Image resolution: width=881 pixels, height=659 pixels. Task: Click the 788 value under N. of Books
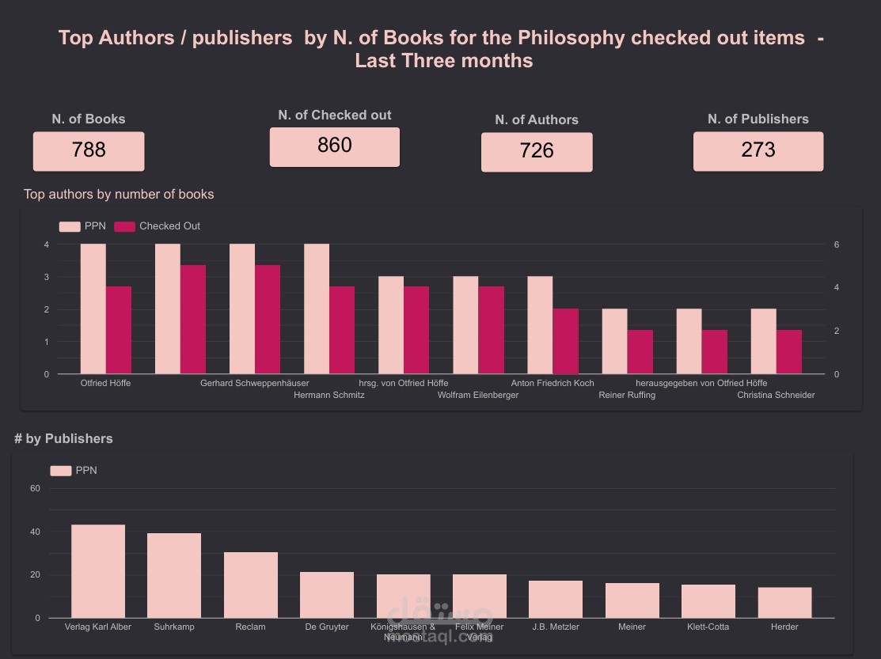[x=89, y=150]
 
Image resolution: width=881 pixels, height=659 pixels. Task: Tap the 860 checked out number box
[x=334, y=146]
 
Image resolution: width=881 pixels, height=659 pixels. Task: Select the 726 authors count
[x=537, y=151]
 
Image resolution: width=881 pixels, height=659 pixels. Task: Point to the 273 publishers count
[x=758, y=150]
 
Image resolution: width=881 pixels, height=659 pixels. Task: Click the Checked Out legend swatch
[x=124, y=226]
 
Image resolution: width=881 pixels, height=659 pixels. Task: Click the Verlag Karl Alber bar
[x=98, y=571]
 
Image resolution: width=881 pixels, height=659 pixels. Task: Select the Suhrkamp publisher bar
[x=174, y=575]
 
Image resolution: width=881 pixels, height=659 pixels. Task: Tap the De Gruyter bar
[x=327, y=594]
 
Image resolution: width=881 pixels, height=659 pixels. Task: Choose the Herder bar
[x=784, y=602]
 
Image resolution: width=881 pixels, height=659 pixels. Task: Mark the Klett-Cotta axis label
[x=708, y=627]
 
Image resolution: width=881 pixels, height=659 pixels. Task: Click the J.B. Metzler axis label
[x=556, y=627]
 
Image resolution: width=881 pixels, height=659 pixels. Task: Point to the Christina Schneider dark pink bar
[x=789, y=352]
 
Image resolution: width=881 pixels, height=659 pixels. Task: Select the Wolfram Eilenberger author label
[x=478, y=395]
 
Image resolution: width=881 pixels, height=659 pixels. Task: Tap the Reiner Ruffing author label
[x=627, y=395]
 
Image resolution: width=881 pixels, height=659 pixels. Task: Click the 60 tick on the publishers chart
[x=35, y=488]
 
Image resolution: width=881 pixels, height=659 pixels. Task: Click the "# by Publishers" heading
[x=63, y=438]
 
